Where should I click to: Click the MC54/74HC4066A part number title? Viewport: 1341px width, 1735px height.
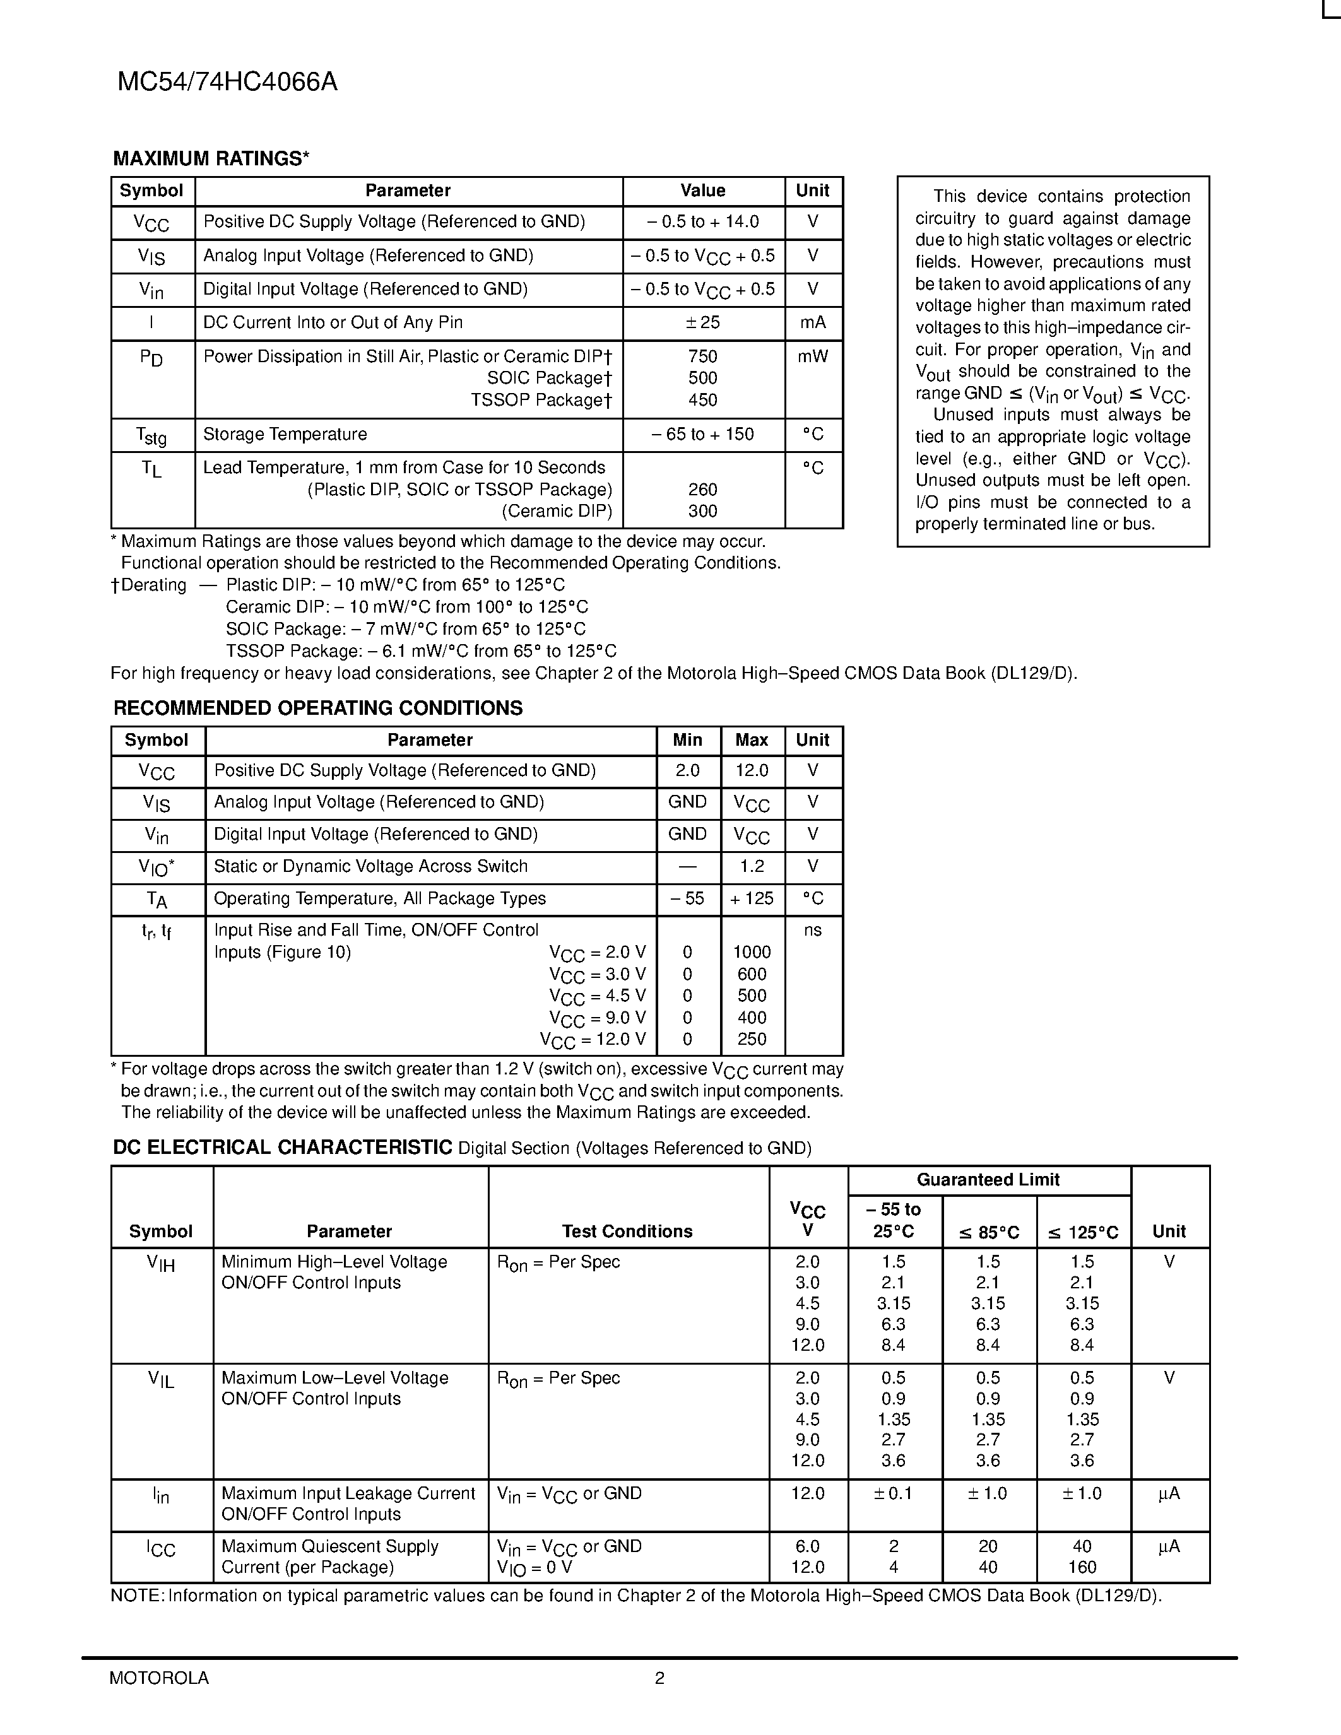(227, 83)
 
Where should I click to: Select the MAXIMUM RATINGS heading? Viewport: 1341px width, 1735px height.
(211, 159)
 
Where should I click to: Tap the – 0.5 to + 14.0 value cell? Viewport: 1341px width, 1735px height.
(703, 221)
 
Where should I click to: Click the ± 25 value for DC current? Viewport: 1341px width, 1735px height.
(703, 322)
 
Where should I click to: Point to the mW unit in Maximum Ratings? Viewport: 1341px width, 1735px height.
(813, 356)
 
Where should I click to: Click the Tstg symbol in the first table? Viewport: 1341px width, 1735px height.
(151, 435)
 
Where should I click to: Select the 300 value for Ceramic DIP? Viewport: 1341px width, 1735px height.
(703, 512)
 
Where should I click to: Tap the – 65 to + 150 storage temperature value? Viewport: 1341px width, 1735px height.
(703, 435)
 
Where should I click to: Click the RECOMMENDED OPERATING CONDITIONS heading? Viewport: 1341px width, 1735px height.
(318, 709)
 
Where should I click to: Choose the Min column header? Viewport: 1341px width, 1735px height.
(687, 741)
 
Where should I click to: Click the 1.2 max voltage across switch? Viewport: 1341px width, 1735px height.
(752, 867)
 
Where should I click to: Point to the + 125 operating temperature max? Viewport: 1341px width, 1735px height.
(752, 898)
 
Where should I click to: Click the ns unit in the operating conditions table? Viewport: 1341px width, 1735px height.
(813, 930)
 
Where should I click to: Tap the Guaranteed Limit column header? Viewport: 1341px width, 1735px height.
(988, 1180)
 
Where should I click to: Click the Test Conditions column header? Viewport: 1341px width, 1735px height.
(628, 1232)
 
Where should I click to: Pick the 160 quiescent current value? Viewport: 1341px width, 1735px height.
(1082, 1567)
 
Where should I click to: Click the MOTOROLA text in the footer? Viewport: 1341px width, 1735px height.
(159, 1678)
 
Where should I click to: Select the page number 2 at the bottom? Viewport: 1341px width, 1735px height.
(659, 1678)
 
